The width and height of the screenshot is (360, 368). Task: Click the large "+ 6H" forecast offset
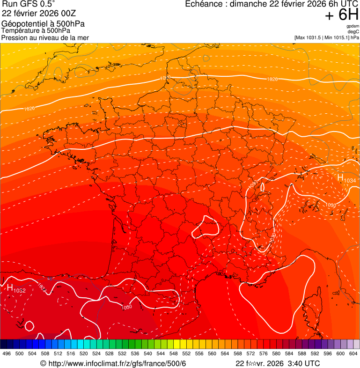(341, 15)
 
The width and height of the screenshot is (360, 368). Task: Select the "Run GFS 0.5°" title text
(29, 5)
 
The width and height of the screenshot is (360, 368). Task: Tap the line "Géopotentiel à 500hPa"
(43, 24)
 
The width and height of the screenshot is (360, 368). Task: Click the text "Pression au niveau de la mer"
(45, 37)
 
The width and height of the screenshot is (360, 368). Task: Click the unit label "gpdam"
(353, 26)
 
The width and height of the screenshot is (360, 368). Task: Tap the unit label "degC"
(353, 32)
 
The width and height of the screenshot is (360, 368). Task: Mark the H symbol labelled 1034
(340, 177)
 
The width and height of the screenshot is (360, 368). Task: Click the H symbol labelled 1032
(9, 288)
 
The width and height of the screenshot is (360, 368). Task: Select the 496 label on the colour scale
(7, 353)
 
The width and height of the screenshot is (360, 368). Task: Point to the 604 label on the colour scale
(353, 353)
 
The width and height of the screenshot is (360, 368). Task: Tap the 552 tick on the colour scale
(186, 353)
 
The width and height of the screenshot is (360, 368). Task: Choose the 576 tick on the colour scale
(264, 353)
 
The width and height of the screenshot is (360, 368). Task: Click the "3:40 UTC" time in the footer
(304, 363)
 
